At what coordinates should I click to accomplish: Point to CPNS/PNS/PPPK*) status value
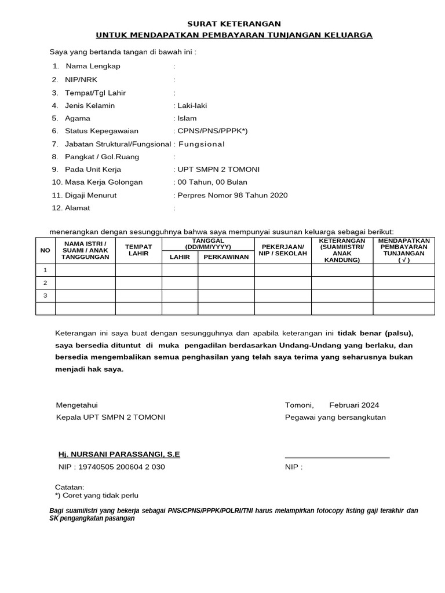pos(210,131)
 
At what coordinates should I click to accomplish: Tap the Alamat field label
pos(78,208)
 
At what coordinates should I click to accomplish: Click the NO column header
pos(45,250)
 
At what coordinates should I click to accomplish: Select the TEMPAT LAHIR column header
pos(138,250)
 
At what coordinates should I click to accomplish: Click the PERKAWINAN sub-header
pos(226,257)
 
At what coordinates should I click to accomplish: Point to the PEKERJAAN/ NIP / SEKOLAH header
pos(283,250)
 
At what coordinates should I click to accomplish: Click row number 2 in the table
pos(45,283)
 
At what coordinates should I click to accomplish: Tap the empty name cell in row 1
pos(86,270)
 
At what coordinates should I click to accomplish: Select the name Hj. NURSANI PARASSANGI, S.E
pos(119,454)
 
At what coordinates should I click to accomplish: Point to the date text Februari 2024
pos(354,405)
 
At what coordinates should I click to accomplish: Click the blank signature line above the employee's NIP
pos(337,457)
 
